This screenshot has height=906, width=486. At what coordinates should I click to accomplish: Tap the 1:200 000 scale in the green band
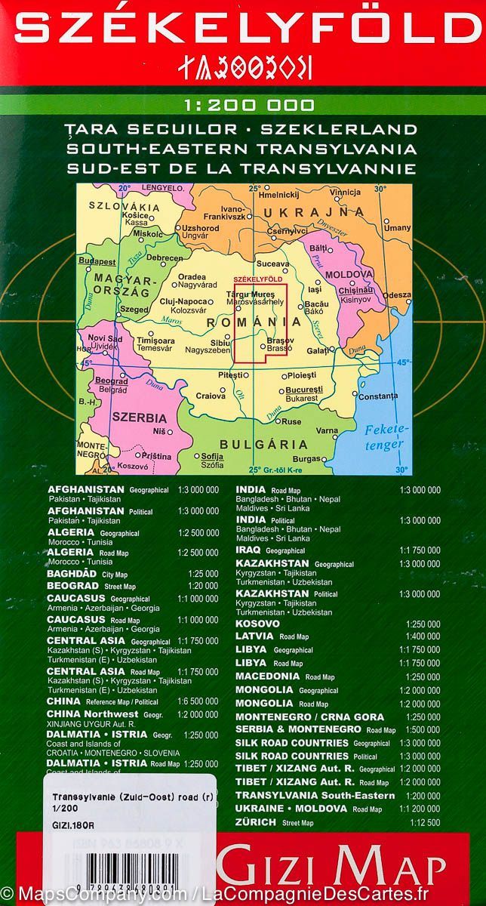[244, 105]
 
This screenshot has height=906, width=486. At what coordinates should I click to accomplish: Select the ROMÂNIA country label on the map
[241, 322]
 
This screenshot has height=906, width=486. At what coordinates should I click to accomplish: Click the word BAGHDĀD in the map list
[73, 574]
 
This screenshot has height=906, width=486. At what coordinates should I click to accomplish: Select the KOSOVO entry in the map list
[257, 624]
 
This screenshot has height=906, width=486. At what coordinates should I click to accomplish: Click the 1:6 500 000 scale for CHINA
[198, 701]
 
